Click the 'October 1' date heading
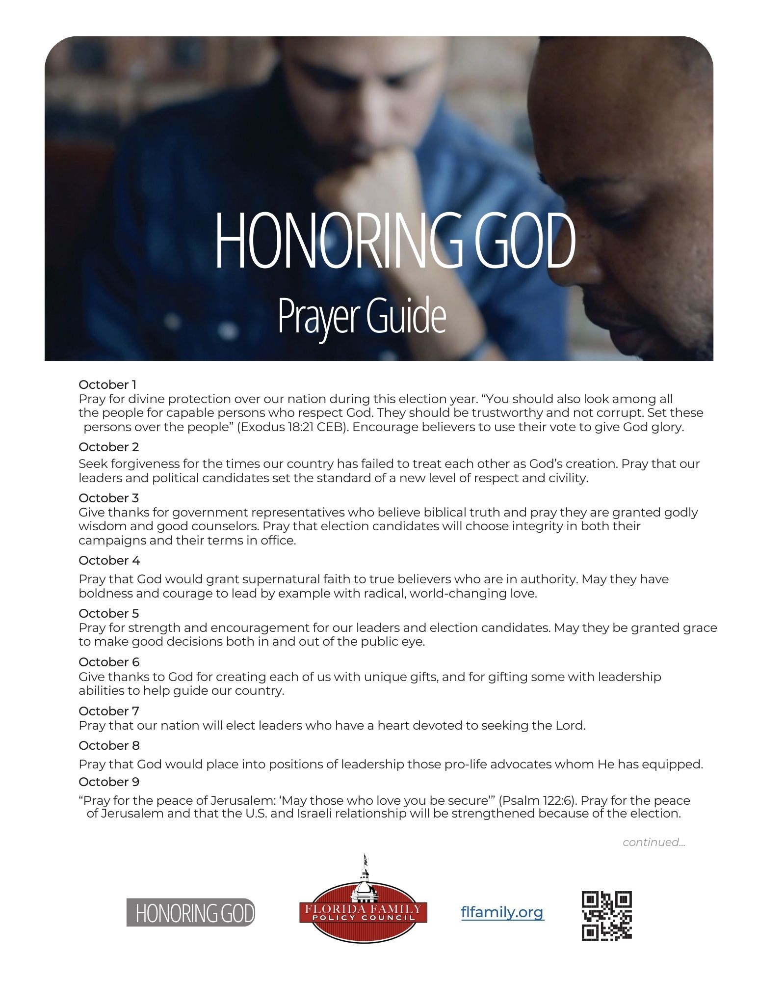click(x=107, y=384)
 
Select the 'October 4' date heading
click(x=109, y=560)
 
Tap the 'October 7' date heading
click(x=109, y=711)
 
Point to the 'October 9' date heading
click(x=109, y=782)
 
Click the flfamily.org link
click(x=502, y=912)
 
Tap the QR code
click(x=606, y=916)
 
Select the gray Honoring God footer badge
click(x=191, y=913)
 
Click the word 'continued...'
click(x=653, y=843)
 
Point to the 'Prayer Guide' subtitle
click(x=362, y=316)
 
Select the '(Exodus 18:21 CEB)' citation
click(x=293, y=427)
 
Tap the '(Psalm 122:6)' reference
click(x=537, y=801)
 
